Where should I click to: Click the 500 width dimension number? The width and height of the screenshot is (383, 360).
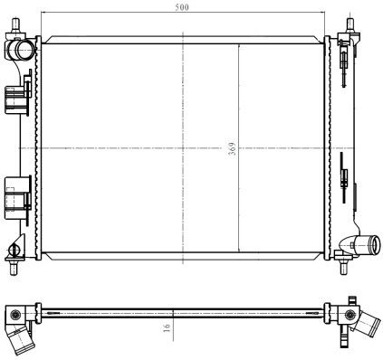click(x=182, y=7)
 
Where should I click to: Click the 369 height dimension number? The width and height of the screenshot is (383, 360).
click(x=232, y=148)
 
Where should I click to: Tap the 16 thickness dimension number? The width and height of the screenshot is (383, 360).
click(x=168, y=327)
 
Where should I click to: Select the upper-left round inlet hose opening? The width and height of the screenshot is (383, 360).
click(x=24, y=49)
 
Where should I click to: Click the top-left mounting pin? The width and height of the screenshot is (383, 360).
click(x=15, y=24)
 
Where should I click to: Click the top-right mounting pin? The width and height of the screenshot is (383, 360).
click(x=350, y=25)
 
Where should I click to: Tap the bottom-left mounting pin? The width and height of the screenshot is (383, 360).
click(x=14, y=268)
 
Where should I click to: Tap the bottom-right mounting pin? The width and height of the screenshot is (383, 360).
click(x=343, y=267)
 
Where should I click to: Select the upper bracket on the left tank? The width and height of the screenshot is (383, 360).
click(x=18, y=96)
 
